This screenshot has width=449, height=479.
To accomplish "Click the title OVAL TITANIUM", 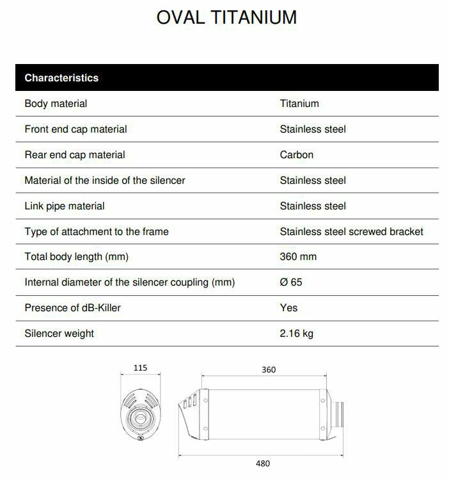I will [x=226, y=18].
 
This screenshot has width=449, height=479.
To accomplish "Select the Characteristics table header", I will [x=61, y=78].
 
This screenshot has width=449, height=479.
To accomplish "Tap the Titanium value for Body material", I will [x=299, y=104].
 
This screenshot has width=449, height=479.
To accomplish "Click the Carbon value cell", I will [x=296, y=155].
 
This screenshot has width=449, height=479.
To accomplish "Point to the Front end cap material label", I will [x=75, y=129].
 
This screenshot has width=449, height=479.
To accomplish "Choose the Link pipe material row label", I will [x=64, y=206].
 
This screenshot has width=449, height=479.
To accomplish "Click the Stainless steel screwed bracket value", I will [x=351, y=232].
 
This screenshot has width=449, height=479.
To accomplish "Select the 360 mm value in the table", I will [x=298, y=257].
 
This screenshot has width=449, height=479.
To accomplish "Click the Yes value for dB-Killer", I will [x=288, y=308].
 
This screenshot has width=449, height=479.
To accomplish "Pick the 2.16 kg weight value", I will [x=296, y=334].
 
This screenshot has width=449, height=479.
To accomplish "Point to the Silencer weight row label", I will [x=59, y=334].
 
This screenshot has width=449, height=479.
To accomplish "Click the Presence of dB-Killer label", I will [x=72, y=308].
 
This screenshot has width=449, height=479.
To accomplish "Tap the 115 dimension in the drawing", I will [x=140, y=368].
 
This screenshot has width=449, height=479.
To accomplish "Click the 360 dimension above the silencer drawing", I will [x=269, y=369].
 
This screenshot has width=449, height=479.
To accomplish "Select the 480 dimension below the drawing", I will [x=262, y=464].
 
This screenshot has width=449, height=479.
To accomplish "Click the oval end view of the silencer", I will [x=140, y=413].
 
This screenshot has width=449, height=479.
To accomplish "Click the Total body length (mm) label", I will [x=76, y=257].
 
